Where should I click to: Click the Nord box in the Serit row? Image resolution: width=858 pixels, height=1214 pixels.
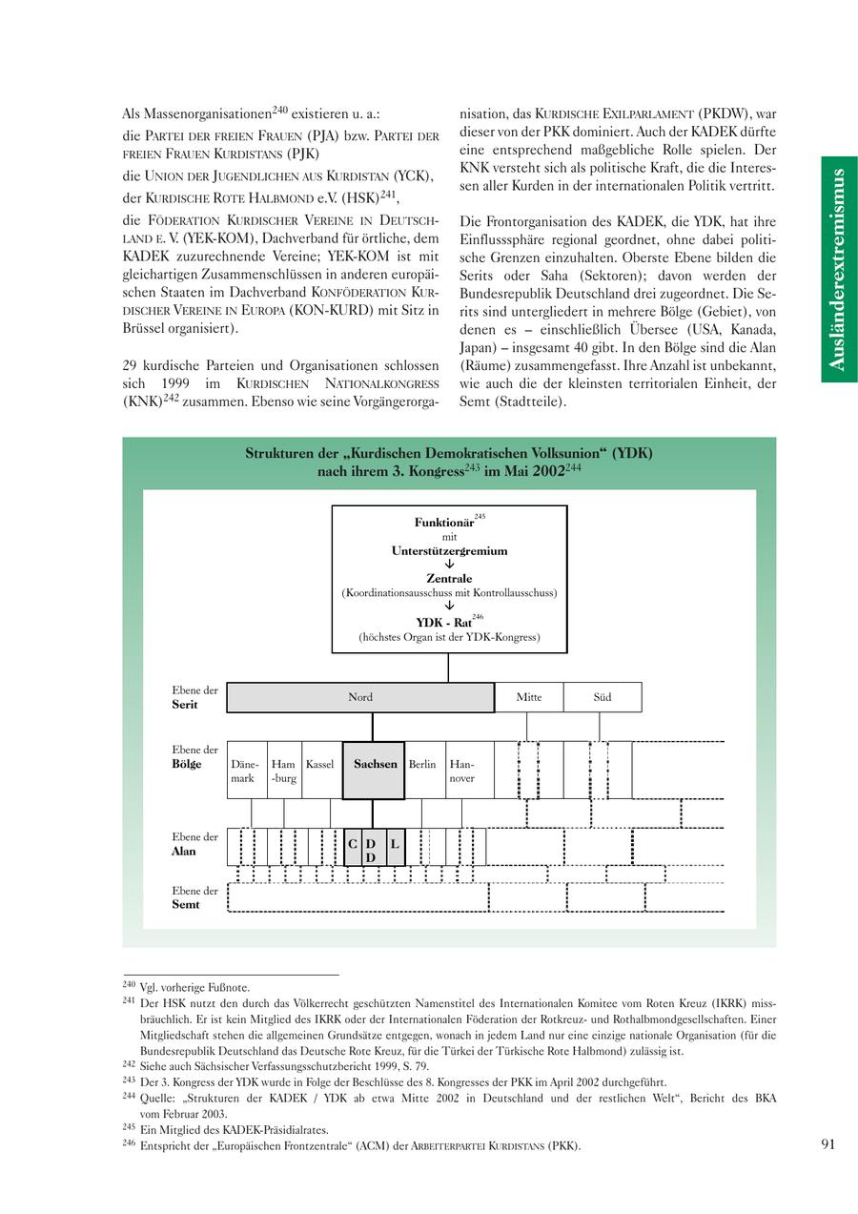(x=360, y=697)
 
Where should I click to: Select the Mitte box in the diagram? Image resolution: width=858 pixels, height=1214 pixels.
(x=529, y=697)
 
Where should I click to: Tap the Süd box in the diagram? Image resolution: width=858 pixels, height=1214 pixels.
(x=603, y=697)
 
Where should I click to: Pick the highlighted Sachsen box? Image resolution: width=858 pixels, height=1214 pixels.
(x=374, y=770)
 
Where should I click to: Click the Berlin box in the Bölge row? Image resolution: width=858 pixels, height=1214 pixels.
(x=422, y=770)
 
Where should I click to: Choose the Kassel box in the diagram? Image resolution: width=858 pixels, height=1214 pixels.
(x=320, y=770)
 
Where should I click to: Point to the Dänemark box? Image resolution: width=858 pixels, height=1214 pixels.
(x=245, y=771)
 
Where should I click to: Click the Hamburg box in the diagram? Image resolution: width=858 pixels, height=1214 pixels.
(x=284, y=771)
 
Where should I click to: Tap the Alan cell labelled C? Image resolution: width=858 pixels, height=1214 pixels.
(x=353, y=846)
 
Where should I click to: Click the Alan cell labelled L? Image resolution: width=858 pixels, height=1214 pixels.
(x=395, y=846)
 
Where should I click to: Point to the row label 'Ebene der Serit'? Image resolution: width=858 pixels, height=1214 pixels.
(x=194, y=697)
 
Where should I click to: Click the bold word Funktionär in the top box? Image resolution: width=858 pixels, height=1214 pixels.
(x=443, y=523)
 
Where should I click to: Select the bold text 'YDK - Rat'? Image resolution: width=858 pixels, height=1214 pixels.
(x=443, y=623)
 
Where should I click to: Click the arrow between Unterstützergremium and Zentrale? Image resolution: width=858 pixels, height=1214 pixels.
(x=449, y=564)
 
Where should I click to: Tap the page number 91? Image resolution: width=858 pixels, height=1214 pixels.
(x=827, y=1144)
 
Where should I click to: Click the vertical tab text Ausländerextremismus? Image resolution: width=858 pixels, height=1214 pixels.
(x=838, y=270)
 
